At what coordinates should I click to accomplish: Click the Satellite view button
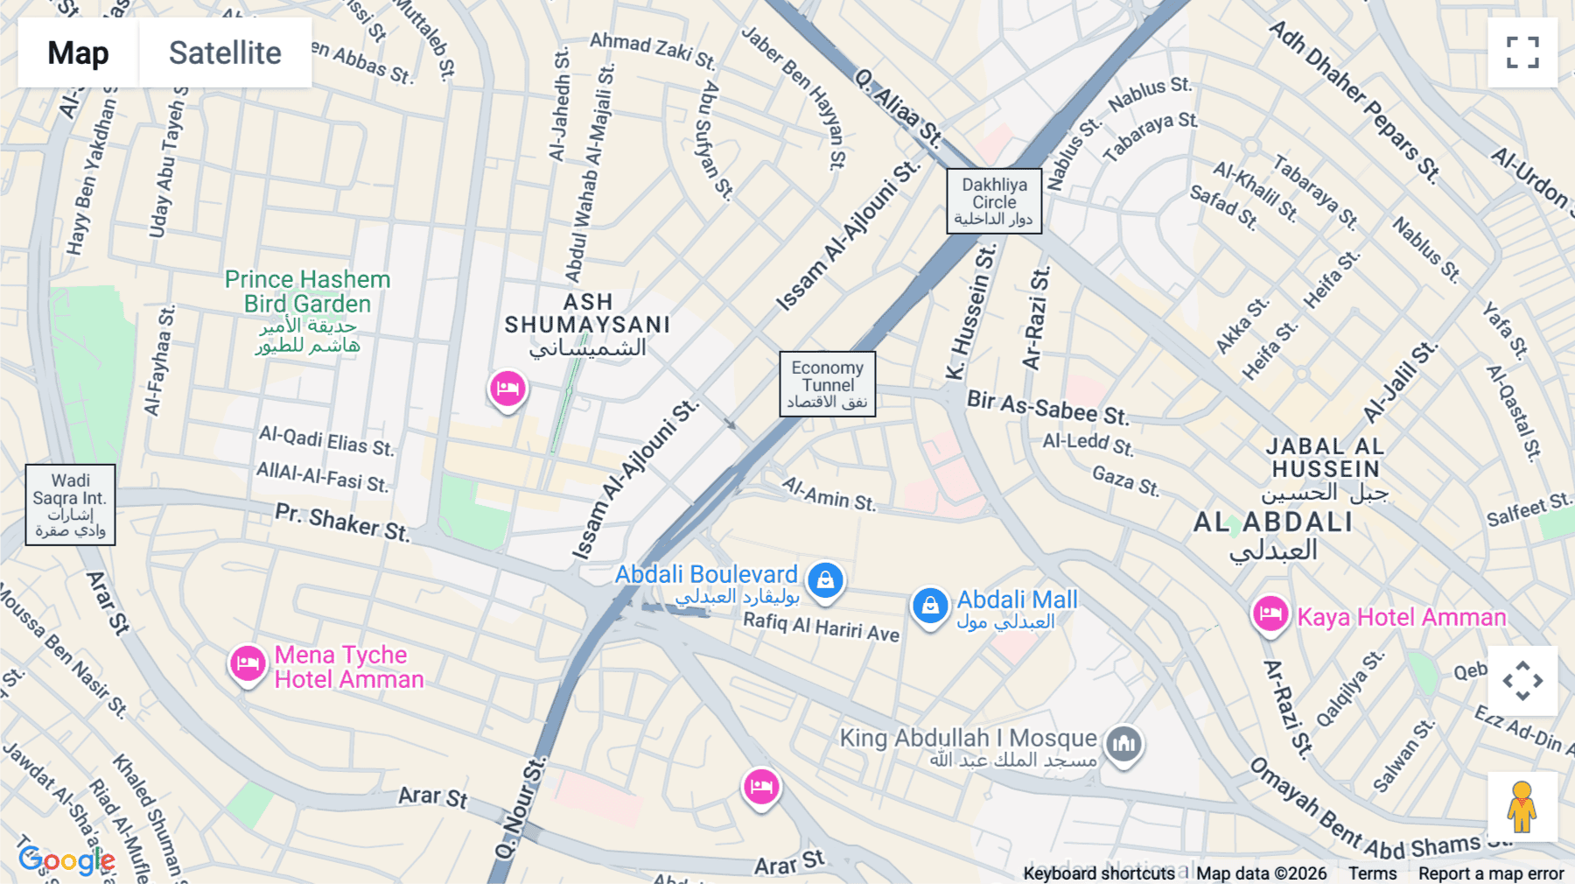tap(225, 53)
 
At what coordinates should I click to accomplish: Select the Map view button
tap(78, 53)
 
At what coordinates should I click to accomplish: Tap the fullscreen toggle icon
tap(1522, 53)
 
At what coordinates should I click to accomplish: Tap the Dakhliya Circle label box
tap(994, 201)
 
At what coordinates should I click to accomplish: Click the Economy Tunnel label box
tap(827, 384)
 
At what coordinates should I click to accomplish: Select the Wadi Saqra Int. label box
tap(70, 505)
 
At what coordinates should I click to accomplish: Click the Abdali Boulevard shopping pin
tap(825, 579)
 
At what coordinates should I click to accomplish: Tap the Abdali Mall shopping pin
tap(930, 606)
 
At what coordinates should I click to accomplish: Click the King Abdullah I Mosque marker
tap(1124, 745)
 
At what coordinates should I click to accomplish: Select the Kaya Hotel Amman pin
tap(1270, 614)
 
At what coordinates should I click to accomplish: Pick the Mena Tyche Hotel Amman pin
tap(248, 664)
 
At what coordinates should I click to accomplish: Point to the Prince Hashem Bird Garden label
tap(307, 292)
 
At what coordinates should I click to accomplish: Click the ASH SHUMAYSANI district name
tap(587, 314)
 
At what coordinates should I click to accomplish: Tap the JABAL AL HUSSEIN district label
tap(1325, 458)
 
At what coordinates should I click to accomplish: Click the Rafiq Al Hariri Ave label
tap(821, 627)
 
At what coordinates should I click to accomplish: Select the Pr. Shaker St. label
tap(342, 522)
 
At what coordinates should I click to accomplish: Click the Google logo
tap(66, 860)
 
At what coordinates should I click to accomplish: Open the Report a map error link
tap(1490, 873)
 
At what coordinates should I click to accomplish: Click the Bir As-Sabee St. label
tap(1047, 406)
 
